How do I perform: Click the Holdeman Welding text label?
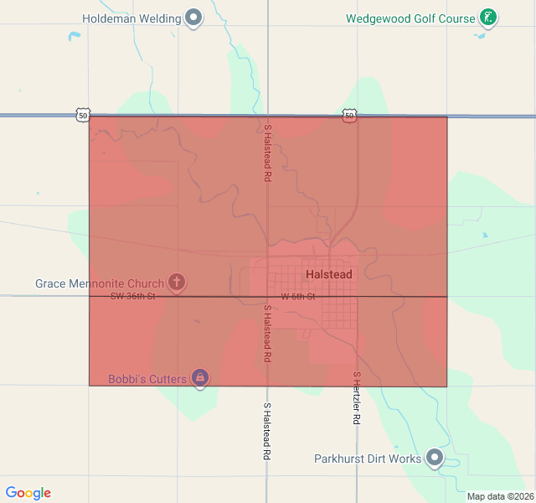pyautogui.click(x=132, y=18)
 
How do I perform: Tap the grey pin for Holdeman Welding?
pyautogui.click(x=194, y=18)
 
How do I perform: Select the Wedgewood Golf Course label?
pyautogui.click(x=410, y=18)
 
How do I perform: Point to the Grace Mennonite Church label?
pyautogui.click(x=99, y=283)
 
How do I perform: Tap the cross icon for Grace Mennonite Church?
pyautogui.click(x=176, y=283)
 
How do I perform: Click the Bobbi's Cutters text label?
pyautogui.click(x=147, y=379)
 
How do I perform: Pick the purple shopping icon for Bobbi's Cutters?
pyautogui.click(x=200, y=378)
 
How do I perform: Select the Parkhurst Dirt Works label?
pyautogui.click(x=368, y=459)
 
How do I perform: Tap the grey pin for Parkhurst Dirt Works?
pyautogui.click(x=435, y=458)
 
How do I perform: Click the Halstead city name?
pyautogui.click(x=328, y=274)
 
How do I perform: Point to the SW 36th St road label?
pyautogui.click(x=133, y=296)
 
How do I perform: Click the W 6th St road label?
pyautogui.click(x=297, y=297)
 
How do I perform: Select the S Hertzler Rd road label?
pyautogui.click(x=356, y=398)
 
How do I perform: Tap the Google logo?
pyautogui.click(x=28, y=493)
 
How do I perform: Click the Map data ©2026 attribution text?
pyautogui.click(x=499, y=496)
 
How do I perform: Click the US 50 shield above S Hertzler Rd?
pyautogui.click(x=349, y=115)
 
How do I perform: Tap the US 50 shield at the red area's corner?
pyautogui.click(x=82, y=116)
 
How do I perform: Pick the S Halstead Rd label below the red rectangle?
pyautogui.click(x=267, y=431)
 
